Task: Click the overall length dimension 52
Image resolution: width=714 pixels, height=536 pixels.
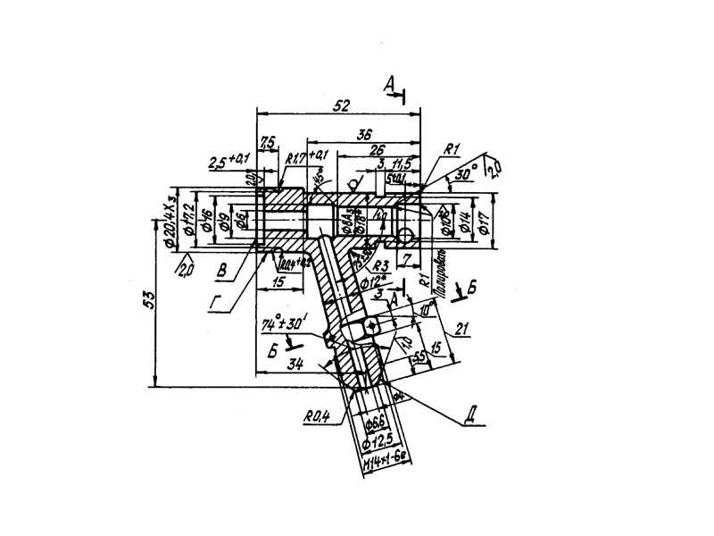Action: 339,105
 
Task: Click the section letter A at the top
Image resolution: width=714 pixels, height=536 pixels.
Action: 389,84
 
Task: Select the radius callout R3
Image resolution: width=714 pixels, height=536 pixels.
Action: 379,265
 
